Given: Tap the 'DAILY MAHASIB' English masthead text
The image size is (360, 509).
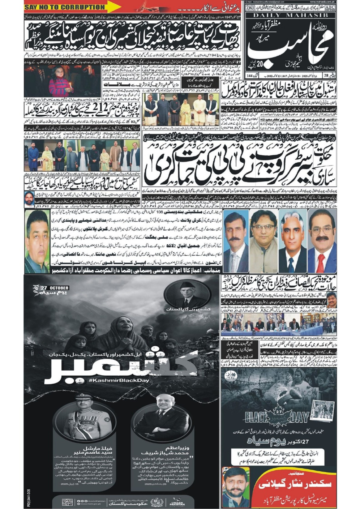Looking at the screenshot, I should (x=291, y=15).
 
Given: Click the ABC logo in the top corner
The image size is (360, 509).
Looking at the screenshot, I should (x=330, y=8).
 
